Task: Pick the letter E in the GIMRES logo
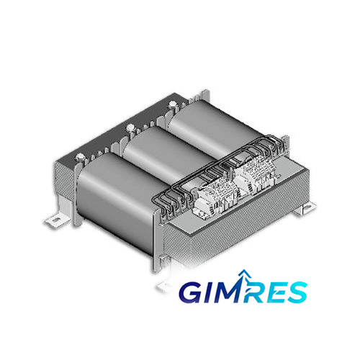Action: point(274,292)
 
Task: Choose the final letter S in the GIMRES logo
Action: point(297,292)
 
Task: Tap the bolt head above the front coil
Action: point(79,158)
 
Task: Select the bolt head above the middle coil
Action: point(131,127)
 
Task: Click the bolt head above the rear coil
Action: point(173,104)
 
